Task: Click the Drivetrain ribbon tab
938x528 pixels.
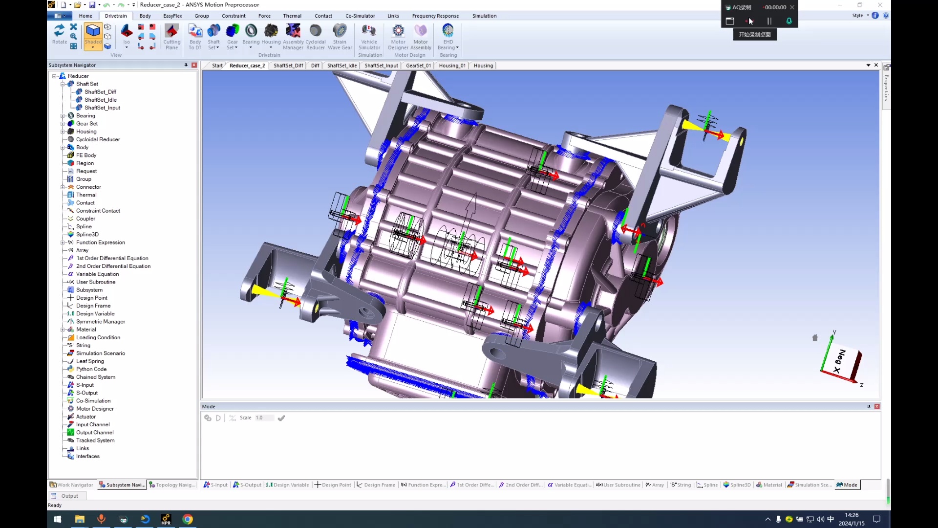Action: click(116, 16)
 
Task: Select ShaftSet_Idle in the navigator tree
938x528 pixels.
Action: click(100, 100)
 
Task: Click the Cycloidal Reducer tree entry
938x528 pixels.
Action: click(98, 139)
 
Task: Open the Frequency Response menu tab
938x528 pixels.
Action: click(435, 16)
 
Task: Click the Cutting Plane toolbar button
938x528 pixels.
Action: click(171, 37)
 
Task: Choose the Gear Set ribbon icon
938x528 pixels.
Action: click(233, 37)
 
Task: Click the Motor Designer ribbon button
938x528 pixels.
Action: click(398, 37)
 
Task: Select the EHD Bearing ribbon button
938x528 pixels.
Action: click(448, 37)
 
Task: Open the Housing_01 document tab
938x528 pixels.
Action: click(452, 66)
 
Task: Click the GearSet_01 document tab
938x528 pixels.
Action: click(418, 66)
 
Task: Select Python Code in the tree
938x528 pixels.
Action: click(91, 369)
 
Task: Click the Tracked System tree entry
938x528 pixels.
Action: click(95, 440)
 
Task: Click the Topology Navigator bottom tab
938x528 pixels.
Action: click(172, 485)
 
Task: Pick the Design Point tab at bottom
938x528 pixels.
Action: click(333, 485)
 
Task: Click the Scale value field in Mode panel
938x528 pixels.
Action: click(264, 418)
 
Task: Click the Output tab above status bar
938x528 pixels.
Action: click(69, 496)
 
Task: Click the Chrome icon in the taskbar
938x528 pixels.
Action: click(188, 519)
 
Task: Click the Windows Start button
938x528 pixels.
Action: click(57, 519)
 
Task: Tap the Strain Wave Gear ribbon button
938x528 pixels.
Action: click(340, 37)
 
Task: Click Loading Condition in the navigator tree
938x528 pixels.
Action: click(98, 337)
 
